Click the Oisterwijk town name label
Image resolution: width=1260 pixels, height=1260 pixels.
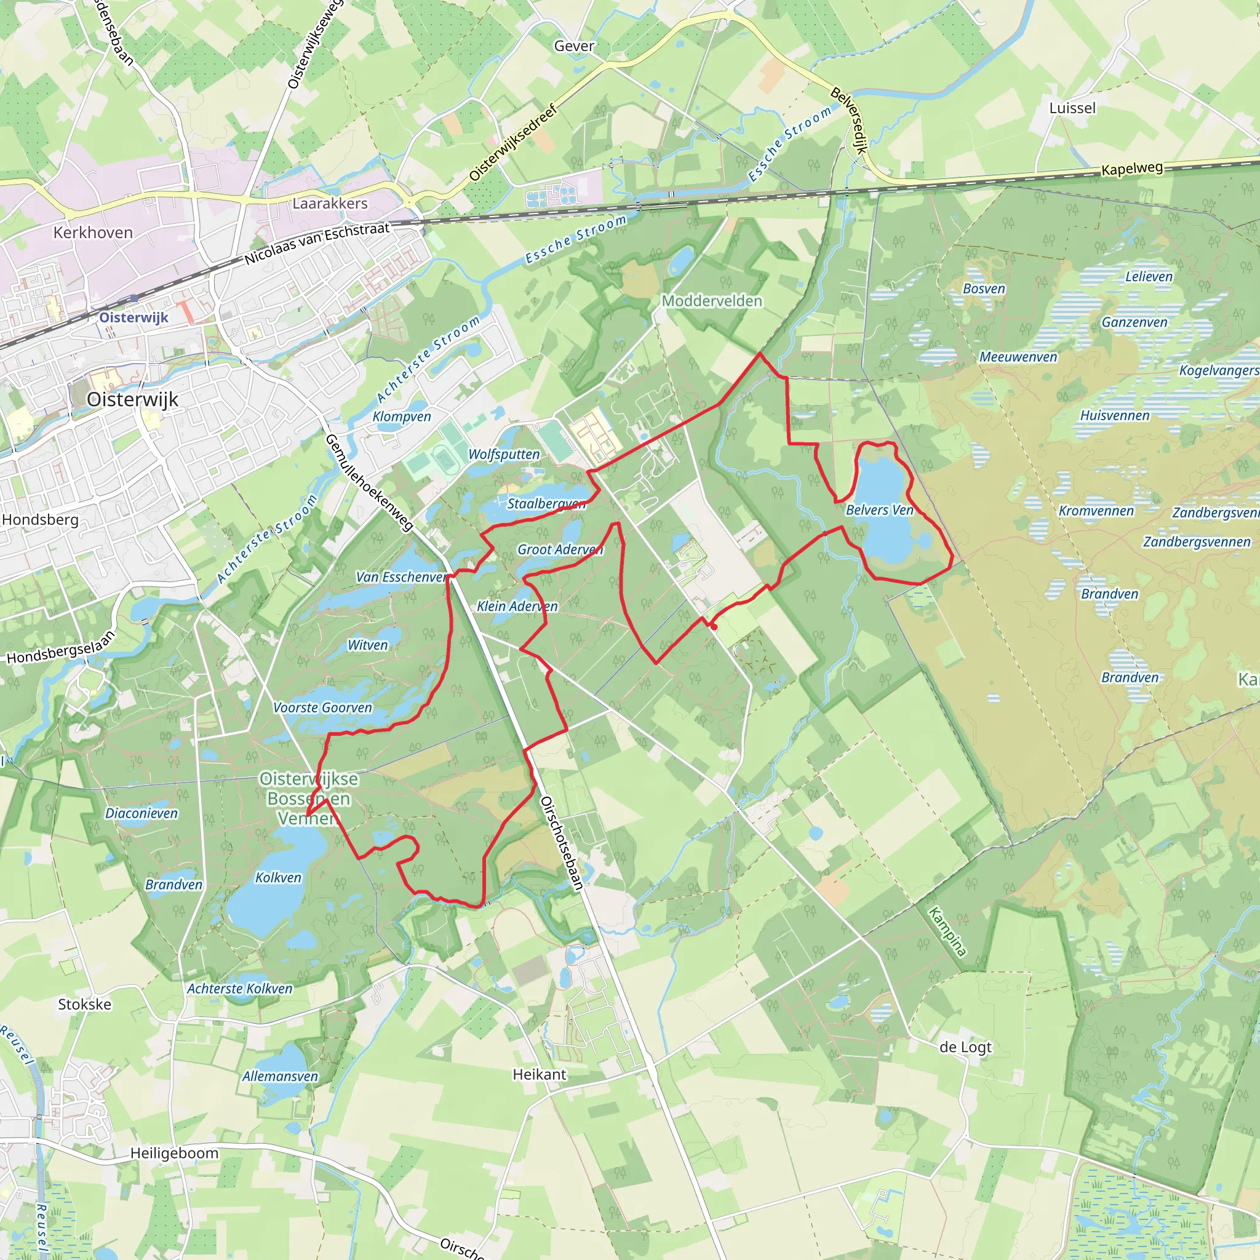pos(132,399)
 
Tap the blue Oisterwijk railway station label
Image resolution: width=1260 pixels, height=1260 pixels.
pos(134,317)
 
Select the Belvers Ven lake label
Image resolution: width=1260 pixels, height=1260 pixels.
pos(879,510)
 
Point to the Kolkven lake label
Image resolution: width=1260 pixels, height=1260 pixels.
pos(279,878)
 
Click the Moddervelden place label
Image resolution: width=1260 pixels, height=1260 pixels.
pos(712,301)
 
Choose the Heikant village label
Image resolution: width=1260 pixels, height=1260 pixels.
pos(540,1074)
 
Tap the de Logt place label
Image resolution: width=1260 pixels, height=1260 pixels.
pos(965,1047)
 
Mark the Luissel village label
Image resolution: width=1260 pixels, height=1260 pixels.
pos(1072,108)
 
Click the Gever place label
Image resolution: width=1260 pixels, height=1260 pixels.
pos(574,46)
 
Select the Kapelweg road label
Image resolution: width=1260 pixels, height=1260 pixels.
pos(1132,168)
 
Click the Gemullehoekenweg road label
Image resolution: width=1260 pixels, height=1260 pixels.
pos(369,482)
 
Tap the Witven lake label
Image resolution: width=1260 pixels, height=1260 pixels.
pos(368,645)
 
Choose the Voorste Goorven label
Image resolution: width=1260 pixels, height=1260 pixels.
pos(323,708)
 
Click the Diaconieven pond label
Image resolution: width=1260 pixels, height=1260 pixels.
pos(142,813)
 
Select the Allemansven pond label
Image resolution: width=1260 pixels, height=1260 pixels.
pos(281,1076)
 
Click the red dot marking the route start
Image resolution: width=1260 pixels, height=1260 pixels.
pos(714,627)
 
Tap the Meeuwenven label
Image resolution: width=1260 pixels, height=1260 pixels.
pos(1018,357)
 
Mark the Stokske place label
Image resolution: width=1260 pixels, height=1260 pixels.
pos(85,1004)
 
